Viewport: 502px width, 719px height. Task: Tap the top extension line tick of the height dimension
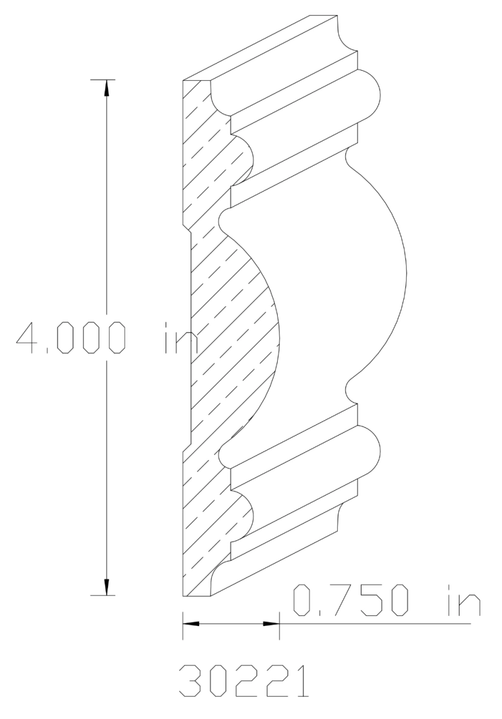pos(107,79)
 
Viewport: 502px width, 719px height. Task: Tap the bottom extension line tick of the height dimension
pos(107,596)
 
